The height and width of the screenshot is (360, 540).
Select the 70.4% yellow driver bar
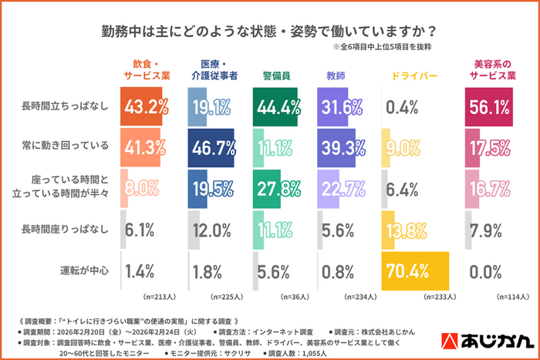(x=415, y=271)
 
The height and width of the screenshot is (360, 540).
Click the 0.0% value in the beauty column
(x=484, y=271)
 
